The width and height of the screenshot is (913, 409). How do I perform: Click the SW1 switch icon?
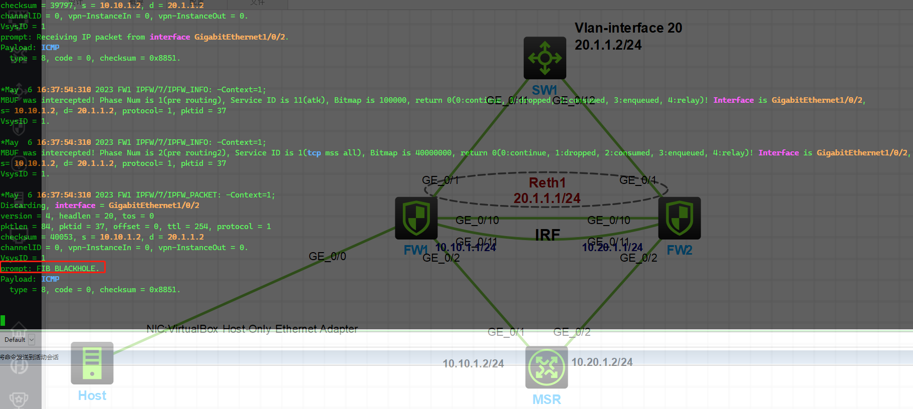(545, 58)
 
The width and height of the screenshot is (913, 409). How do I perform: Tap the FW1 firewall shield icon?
(416, 218)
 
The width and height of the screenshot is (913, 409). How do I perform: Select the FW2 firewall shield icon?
(679, 218)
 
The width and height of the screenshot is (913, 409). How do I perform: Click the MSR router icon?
(546, 367)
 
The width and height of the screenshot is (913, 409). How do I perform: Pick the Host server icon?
(92, 363)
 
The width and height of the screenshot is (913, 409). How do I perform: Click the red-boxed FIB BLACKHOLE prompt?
(53, 268)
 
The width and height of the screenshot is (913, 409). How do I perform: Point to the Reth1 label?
(547, 182)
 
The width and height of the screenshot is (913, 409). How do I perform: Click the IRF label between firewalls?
(547, 235)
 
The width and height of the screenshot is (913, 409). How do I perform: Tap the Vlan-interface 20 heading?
(628, 28)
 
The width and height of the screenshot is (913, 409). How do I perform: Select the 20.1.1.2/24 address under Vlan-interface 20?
(608, 45)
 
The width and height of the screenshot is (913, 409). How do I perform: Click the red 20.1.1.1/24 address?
(547, 198)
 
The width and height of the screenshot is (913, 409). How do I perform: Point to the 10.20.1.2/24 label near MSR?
(602, 362)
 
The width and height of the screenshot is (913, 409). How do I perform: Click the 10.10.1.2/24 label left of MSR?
(473, 363)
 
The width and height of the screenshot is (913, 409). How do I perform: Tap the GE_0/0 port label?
(327, 256)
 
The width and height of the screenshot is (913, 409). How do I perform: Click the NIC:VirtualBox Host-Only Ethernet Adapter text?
(252, 329)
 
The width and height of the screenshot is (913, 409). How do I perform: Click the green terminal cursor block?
(3, 320)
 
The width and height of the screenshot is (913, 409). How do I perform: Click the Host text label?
(92, 395)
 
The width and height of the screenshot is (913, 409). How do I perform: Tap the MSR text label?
(546, 399)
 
